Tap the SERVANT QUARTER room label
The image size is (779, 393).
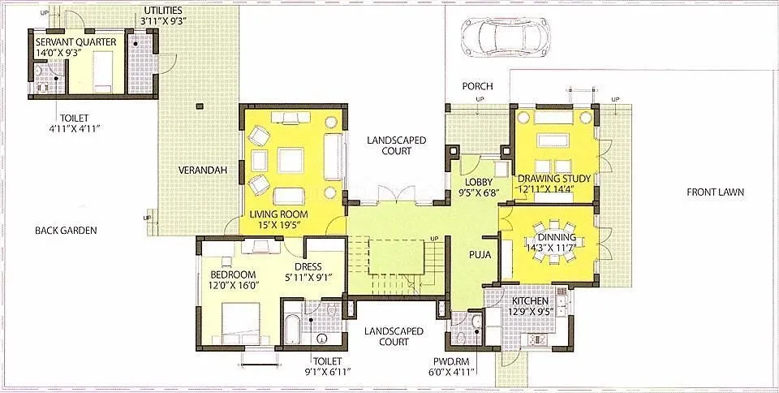(75, 41)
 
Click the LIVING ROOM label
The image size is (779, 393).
(280, 214)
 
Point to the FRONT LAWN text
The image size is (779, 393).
(715, 192)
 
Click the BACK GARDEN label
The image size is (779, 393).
(66, 231)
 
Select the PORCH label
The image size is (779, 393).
(478, 86)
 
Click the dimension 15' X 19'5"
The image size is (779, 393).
(280, 225)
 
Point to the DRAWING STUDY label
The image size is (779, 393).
(553, 179)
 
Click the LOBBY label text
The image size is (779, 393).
(477, 183)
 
